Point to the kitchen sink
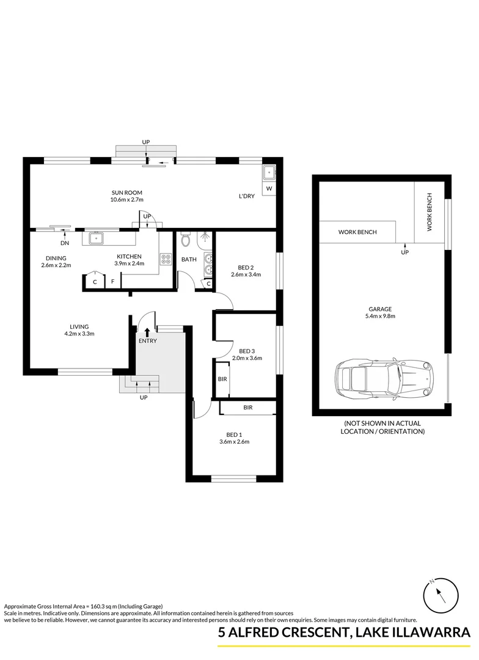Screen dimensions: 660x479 pyautogui.click(x=97, y=237)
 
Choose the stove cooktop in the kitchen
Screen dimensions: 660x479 pyautogui.click(x=165, y=259)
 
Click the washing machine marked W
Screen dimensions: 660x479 pyautogui.click(x=269, y=189)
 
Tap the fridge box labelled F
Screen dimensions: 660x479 pyautogui.click(x=112, y=282)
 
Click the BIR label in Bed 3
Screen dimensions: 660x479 pyautogui.click(x=222, y=379)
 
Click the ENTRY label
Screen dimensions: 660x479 pyautogui.click(x=147, y=340)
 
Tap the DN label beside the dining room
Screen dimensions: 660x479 pyautogui.click(x=64, y=243)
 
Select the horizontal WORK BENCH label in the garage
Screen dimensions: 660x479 pyautogui.click(x=357, y=232)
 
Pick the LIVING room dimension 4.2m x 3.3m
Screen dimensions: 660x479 pyautogui.click(x=79, y=334)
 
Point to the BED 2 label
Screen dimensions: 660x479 pyautogui.click(x=246, y=268)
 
